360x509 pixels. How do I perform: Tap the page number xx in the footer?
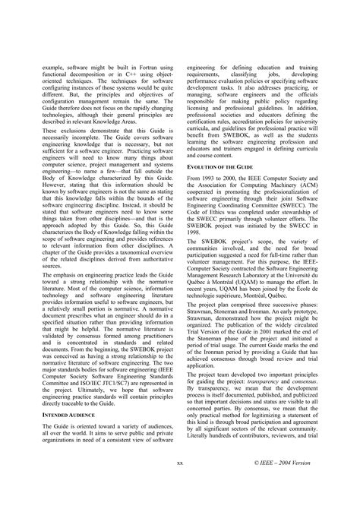[x=179, y=483]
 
